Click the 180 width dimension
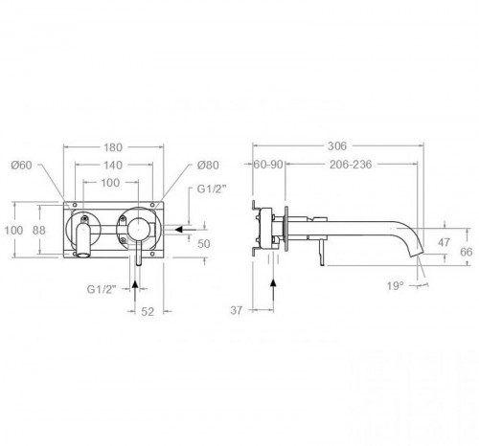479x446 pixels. [113, 147]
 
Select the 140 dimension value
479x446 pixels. [113, 165]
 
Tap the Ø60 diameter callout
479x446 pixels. [21, 165]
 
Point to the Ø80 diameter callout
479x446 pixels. [208, 165]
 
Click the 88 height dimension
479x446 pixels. [39, 230]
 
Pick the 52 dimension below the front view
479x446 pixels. [148, 311]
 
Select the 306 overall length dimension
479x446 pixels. [337, 146]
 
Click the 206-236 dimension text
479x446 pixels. [351, 165]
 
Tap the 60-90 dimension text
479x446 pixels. [268, 165]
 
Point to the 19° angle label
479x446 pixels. [396, 286]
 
